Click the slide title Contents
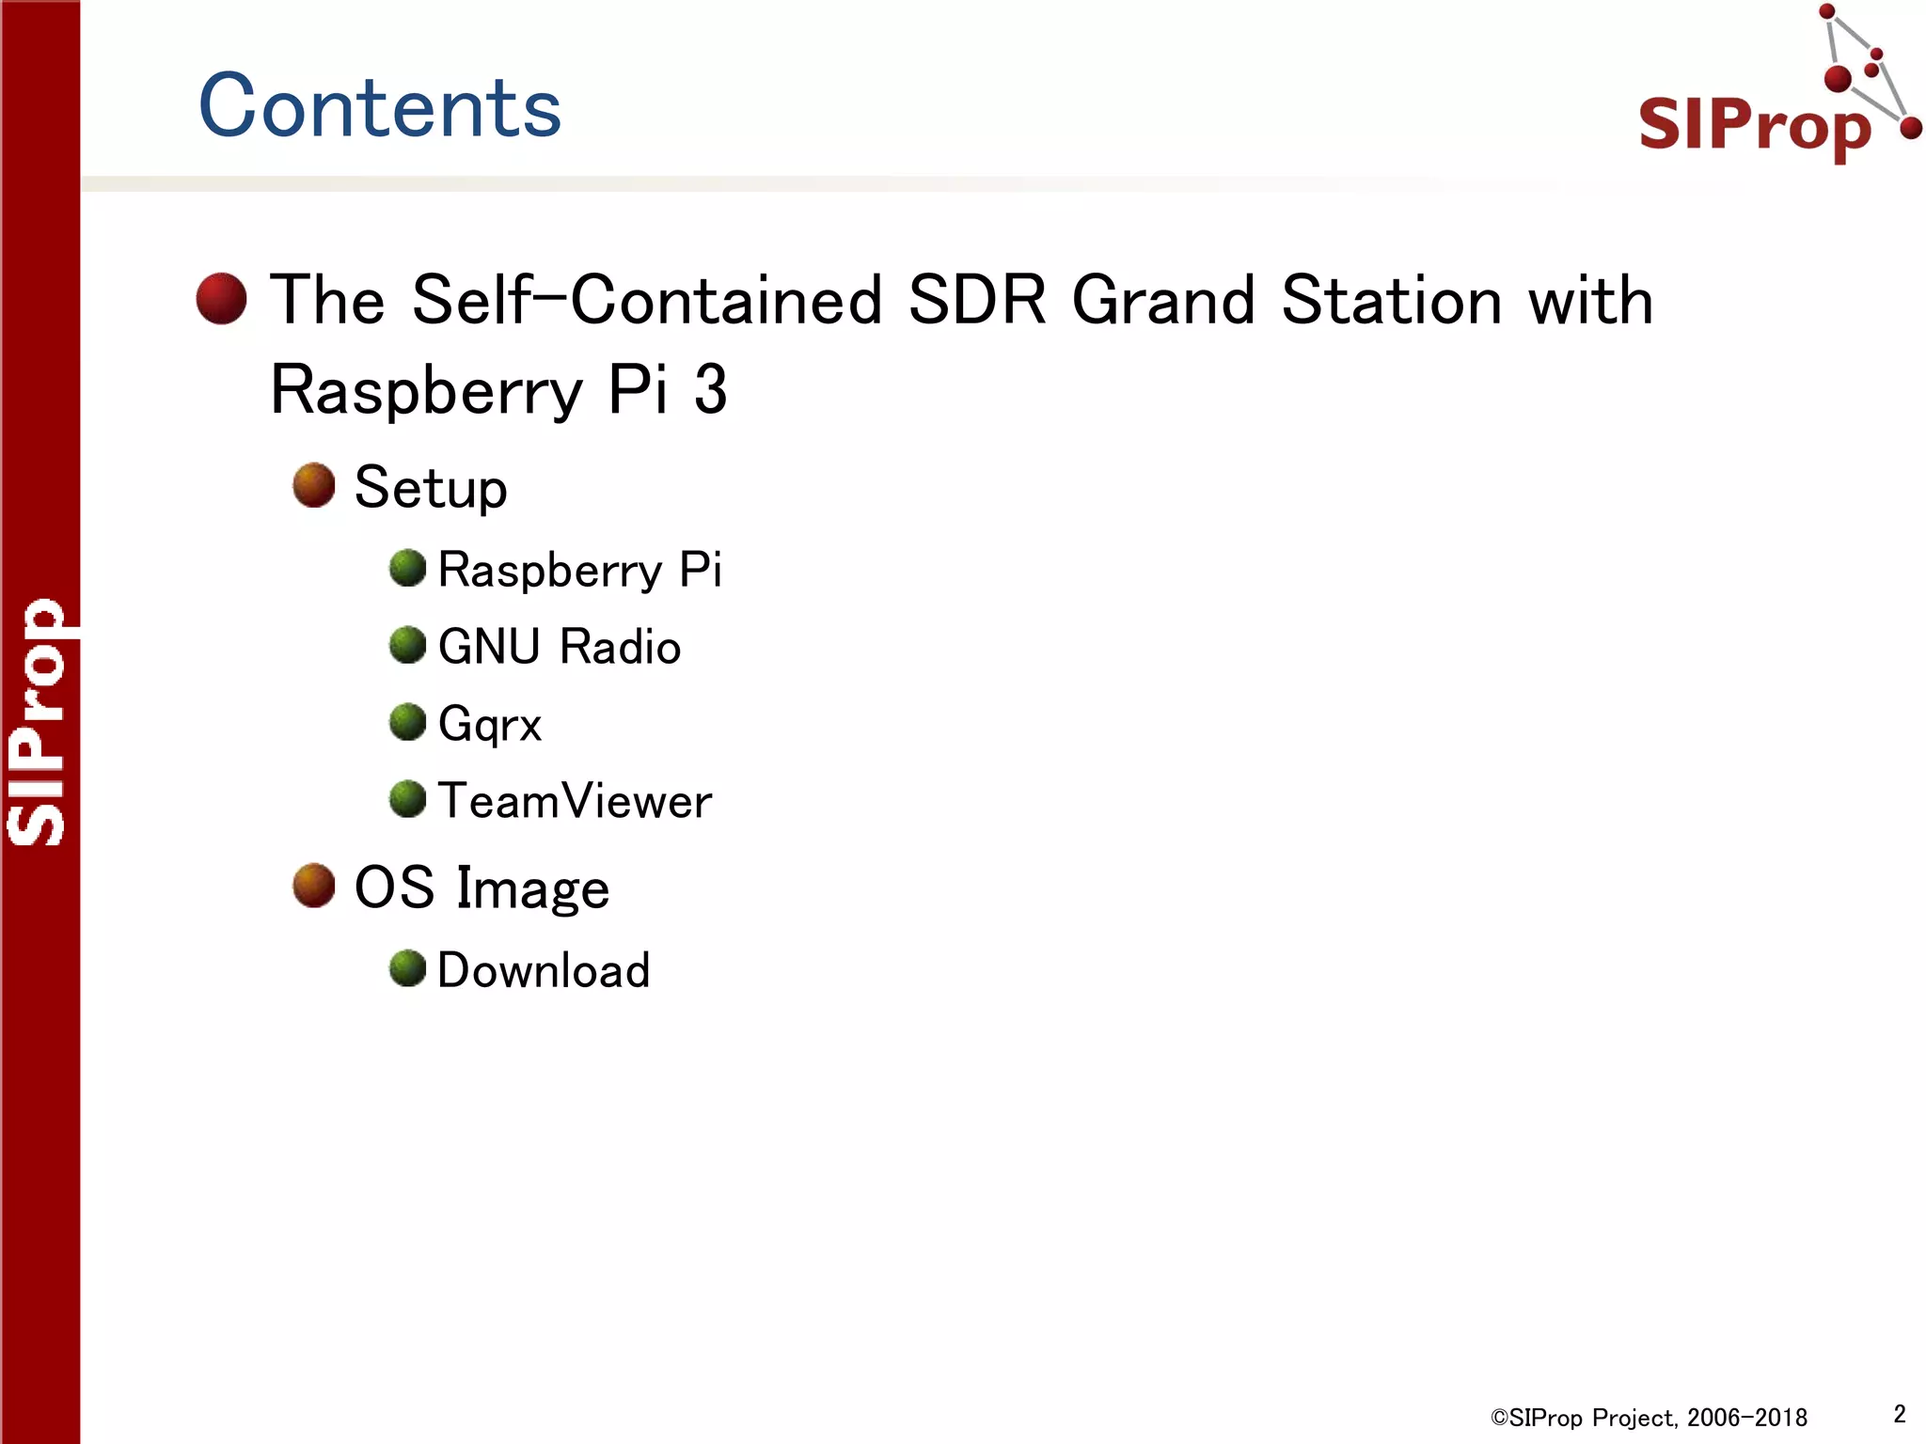point(379,105)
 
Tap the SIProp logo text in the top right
point(1755,124)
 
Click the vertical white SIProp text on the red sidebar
point(38,722)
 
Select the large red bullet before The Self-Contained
point(221,299)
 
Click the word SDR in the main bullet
point(976,301)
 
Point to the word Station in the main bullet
point(1392,301)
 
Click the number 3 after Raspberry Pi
point(711,389)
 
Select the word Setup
point(431,488)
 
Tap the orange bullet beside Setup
point(314,485)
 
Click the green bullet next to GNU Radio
point(408,645)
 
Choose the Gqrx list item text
point(490,724)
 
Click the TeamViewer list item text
point(575,801)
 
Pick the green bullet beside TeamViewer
point(408,799)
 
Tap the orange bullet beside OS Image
point(314,886)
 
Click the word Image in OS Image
point(532,888)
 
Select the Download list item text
point(544,970)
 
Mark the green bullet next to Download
point(408,968)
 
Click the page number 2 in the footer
point(1900,1414)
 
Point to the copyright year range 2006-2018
point(1747,1418)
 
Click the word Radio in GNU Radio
point(620,647)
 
